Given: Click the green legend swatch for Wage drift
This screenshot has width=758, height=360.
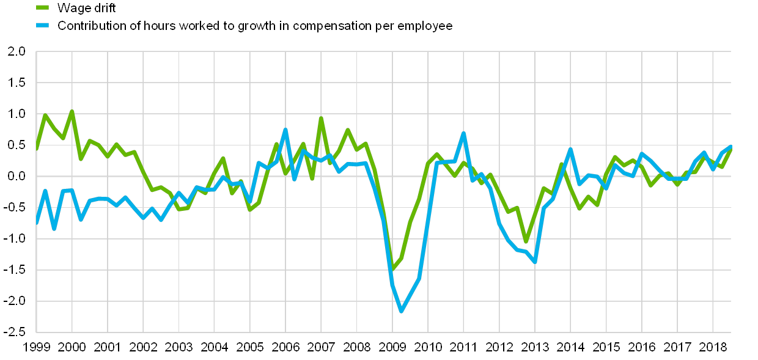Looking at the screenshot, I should pos(43,7).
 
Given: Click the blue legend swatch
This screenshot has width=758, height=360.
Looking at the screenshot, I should pos(43,26).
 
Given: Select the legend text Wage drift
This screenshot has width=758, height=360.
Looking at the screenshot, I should pos(86,7).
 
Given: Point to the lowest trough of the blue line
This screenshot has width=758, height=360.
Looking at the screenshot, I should pos(402,311).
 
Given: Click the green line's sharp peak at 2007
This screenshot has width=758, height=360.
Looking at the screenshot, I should pos(321,118).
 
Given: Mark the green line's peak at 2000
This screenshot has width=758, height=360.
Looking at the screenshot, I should pos(72,111).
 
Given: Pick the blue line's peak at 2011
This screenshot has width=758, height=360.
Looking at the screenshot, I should pos(463,133).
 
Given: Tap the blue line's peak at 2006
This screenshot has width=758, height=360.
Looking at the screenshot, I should pos(285,130).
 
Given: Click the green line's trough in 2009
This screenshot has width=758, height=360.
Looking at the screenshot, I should pos(392,268).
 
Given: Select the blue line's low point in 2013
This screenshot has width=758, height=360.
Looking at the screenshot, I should pos(535,262).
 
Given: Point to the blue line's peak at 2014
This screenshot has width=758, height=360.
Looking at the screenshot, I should pos(570,149).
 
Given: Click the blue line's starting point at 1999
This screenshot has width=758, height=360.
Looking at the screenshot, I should pos(37,224).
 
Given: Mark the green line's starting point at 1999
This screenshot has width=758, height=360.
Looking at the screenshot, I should pos(37,149).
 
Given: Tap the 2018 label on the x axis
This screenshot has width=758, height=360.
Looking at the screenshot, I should pos(713,347).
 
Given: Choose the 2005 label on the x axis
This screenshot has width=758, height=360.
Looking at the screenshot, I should pos(250,347).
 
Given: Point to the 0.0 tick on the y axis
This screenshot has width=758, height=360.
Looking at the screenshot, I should pos(17,176).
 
